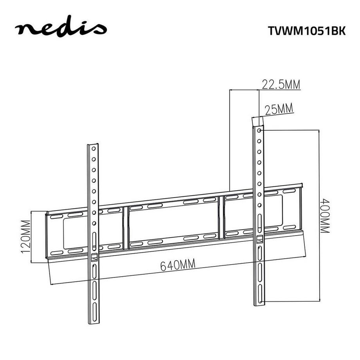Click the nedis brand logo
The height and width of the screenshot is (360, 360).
(x=60, y=29)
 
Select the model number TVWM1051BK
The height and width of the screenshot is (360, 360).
(x=306, y=31)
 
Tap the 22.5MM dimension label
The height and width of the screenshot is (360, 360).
(x=281, y=85)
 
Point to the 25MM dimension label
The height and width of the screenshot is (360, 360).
(x=279, y=110)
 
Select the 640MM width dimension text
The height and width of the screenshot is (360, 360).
(x=178, y=265)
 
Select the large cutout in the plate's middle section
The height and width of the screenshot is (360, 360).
(x=173, y=222)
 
